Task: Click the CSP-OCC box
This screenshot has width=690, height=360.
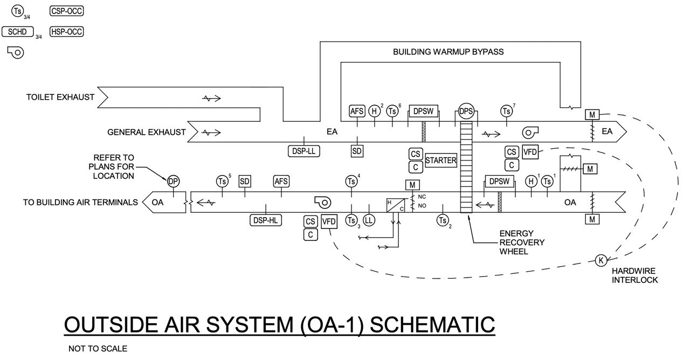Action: pyautogui.click(x=67, y=11)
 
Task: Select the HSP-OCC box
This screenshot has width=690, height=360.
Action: pyautogui.click(x=67, y=32)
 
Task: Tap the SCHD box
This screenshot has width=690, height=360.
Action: pyautogui.click(x=18, y=32)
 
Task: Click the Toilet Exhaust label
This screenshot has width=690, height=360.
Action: pyautogui.click(x=60, y=98)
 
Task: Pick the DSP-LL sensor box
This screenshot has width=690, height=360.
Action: pyautogui.click(x=304, y=151)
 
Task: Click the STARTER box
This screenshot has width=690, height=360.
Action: pyautogui.click(x=440, y=160)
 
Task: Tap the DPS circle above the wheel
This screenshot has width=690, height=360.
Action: pyautogui.click(x=466, y=111)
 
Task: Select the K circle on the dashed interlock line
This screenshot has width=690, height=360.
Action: pyautogui.click(x=601, y=260)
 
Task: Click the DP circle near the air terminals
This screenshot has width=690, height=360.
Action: pyautogui.click(x=173, y=182)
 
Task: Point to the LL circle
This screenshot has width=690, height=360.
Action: pyautogui.click(x=369, y=220)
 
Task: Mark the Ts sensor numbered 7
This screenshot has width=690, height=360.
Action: pyautogui.click(x=506, y=111)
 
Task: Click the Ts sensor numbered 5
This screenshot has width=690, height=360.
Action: pyautogui.click(x=222, y=182)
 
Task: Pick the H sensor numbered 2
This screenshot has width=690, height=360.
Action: pyautogui.click(x=375, y=111)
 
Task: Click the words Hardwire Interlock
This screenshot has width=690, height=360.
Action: pyautogui.click(x=634, y=276)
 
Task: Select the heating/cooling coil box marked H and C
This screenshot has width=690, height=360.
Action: pyautogui.click(x=395, y=205)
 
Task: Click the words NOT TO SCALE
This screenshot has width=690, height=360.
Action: pyautogui.click(x=98, y=349)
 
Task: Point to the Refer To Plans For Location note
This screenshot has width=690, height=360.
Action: pyautogui.click(x=112, y=167)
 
